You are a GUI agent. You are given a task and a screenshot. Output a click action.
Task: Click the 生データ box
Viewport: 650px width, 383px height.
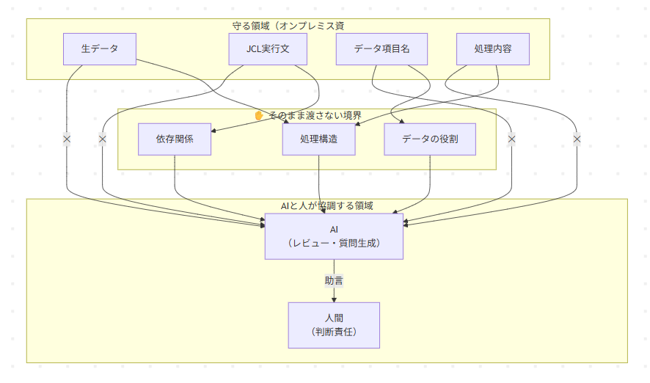pyautogui.click(x=99, y=49)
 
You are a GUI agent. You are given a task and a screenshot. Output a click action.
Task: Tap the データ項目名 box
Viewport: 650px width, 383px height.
pyautogui.click(x=381, y=49)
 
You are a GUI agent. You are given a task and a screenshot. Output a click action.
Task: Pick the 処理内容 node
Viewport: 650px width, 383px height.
pyautogui.click(x=493, y=49)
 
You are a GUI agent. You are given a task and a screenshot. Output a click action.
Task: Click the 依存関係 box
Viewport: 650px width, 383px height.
pyautogui.click(x=175, y=139)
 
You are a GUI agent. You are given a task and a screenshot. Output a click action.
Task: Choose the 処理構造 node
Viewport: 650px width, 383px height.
pyautogui.click(x=318, y=139)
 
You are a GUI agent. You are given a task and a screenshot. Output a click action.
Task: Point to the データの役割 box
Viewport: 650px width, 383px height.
pyautogui.click(x=430, y=139)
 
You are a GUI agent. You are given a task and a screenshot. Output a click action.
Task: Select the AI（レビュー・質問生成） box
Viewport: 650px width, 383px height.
pyautogui.click(x=334, y=236)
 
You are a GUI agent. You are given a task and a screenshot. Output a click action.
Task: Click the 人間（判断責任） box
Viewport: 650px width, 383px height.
pyautogui.click(x=334, y=325)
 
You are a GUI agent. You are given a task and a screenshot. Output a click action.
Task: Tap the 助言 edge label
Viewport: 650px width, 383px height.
pyautogui.click(x=334, y=280)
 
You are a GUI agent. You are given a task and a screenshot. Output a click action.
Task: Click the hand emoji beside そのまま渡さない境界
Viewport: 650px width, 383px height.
pyautogui.click(x=258, y=115)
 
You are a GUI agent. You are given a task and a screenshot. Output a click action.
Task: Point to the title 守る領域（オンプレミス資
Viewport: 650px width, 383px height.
pyautogui.click(x=288, y=26)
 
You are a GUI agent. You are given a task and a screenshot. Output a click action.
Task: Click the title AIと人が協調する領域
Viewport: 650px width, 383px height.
pyautogui.click(x=327, y=205)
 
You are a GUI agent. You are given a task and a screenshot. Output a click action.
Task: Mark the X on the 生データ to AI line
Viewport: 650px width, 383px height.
pyautogui.click(x=67, y=139)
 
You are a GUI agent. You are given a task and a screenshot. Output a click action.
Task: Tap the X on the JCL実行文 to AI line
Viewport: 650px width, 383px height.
pyautogui.click(x=102, y=139)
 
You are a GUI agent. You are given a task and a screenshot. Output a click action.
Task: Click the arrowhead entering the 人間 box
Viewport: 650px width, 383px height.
pyautogui.click(x=334, y=299)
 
